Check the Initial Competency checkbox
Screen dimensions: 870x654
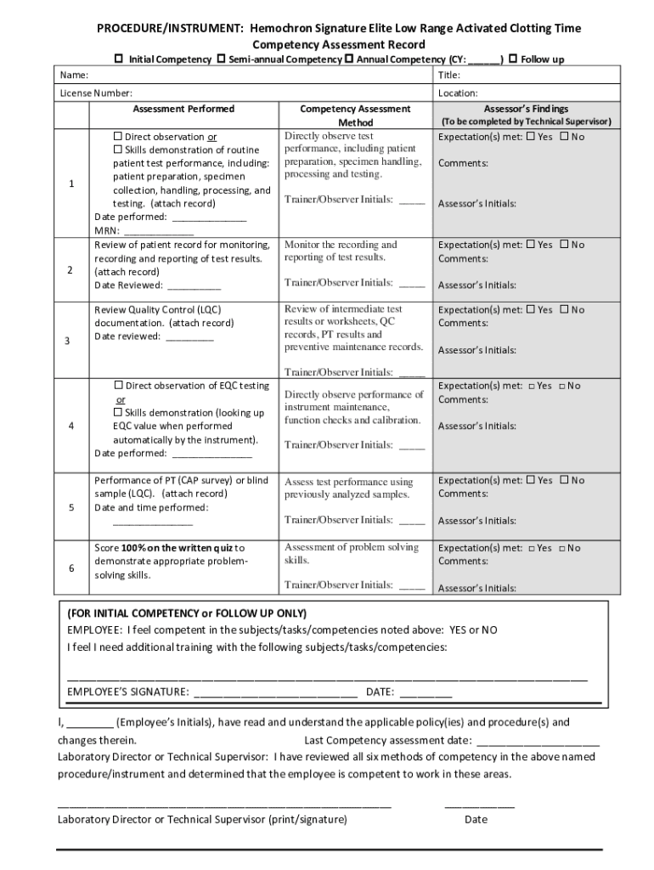click(x=120, y=59)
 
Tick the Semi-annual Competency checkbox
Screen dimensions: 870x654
click(x=221, y=59)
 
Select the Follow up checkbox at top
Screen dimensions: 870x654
click(x=512, y=59)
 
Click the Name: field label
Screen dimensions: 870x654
click(x=70, y=76)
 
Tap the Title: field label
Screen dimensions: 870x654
click(x=448, y=76)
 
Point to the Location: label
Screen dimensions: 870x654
click(x=458, y=93)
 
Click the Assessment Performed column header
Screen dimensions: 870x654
click(x=183, y=109)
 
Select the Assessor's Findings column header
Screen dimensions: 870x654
click(x=526, y=109)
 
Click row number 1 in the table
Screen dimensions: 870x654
click(x=72, y=184)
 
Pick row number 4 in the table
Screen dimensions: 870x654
click(x=72, y=426)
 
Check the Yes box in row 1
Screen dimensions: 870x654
click(x=531, y=137)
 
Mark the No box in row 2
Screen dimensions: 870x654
click(x=565, y=245)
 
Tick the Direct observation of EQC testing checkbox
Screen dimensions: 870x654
click(x=119, y=386)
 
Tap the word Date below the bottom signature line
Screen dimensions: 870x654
click(x=476, y=820)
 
